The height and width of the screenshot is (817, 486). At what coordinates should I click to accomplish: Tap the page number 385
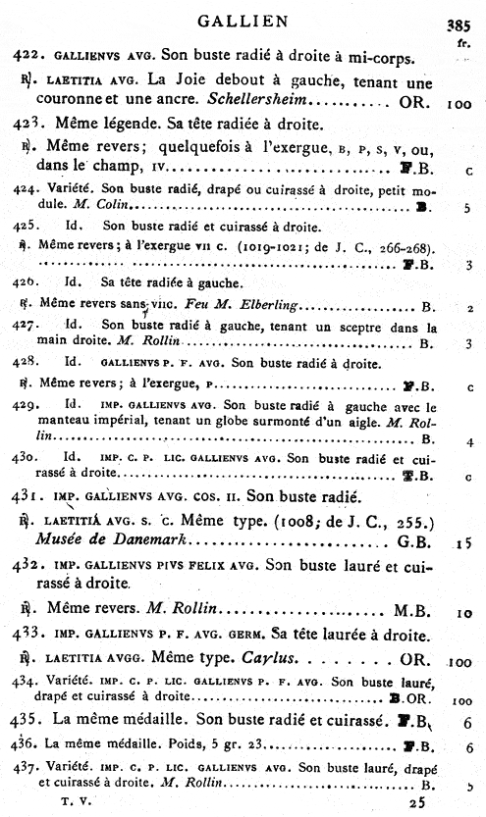point(459,26)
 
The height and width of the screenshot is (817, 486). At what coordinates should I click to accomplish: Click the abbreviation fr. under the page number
point(460,43)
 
